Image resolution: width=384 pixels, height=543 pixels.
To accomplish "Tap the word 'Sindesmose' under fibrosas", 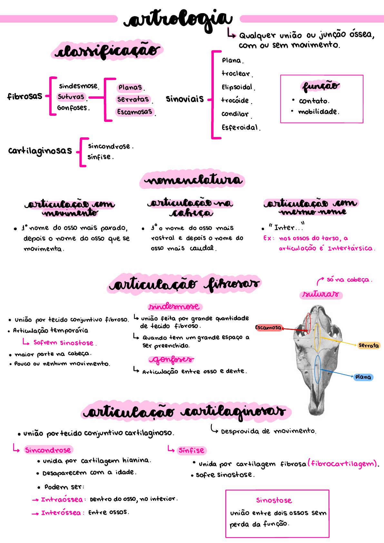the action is point(78,86).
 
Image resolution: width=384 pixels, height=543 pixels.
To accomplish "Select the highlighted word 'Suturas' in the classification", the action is point(71,97).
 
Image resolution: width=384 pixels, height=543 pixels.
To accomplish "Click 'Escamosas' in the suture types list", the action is point(134,112).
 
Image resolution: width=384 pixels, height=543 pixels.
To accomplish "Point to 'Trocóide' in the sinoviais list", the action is point(235,100).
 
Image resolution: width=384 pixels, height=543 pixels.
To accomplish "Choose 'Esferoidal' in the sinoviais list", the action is point(240,127).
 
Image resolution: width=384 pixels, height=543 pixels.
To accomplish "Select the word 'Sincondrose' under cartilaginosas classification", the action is point(109,146).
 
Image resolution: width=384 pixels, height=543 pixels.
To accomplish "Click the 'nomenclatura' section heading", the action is point(192,180).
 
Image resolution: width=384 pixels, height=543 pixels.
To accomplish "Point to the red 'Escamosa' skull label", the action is point(268,328).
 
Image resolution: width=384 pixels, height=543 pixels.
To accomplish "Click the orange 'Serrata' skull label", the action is point(369,346).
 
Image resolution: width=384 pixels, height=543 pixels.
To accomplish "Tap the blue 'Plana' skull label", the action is point(363,377).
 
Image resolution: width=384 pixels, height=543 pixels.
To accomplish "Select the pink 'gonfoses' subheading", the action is point(172,360).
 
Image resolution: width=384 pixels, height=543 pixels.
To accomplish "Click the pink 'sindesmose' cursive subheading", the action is point(174,306).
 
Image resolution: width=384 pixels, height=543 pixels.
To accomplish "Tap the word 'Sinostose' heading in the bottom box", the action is point(274,500).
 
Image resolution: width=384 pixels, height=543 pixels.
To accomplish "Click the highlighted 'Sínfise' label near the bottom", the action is point(191,450).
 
